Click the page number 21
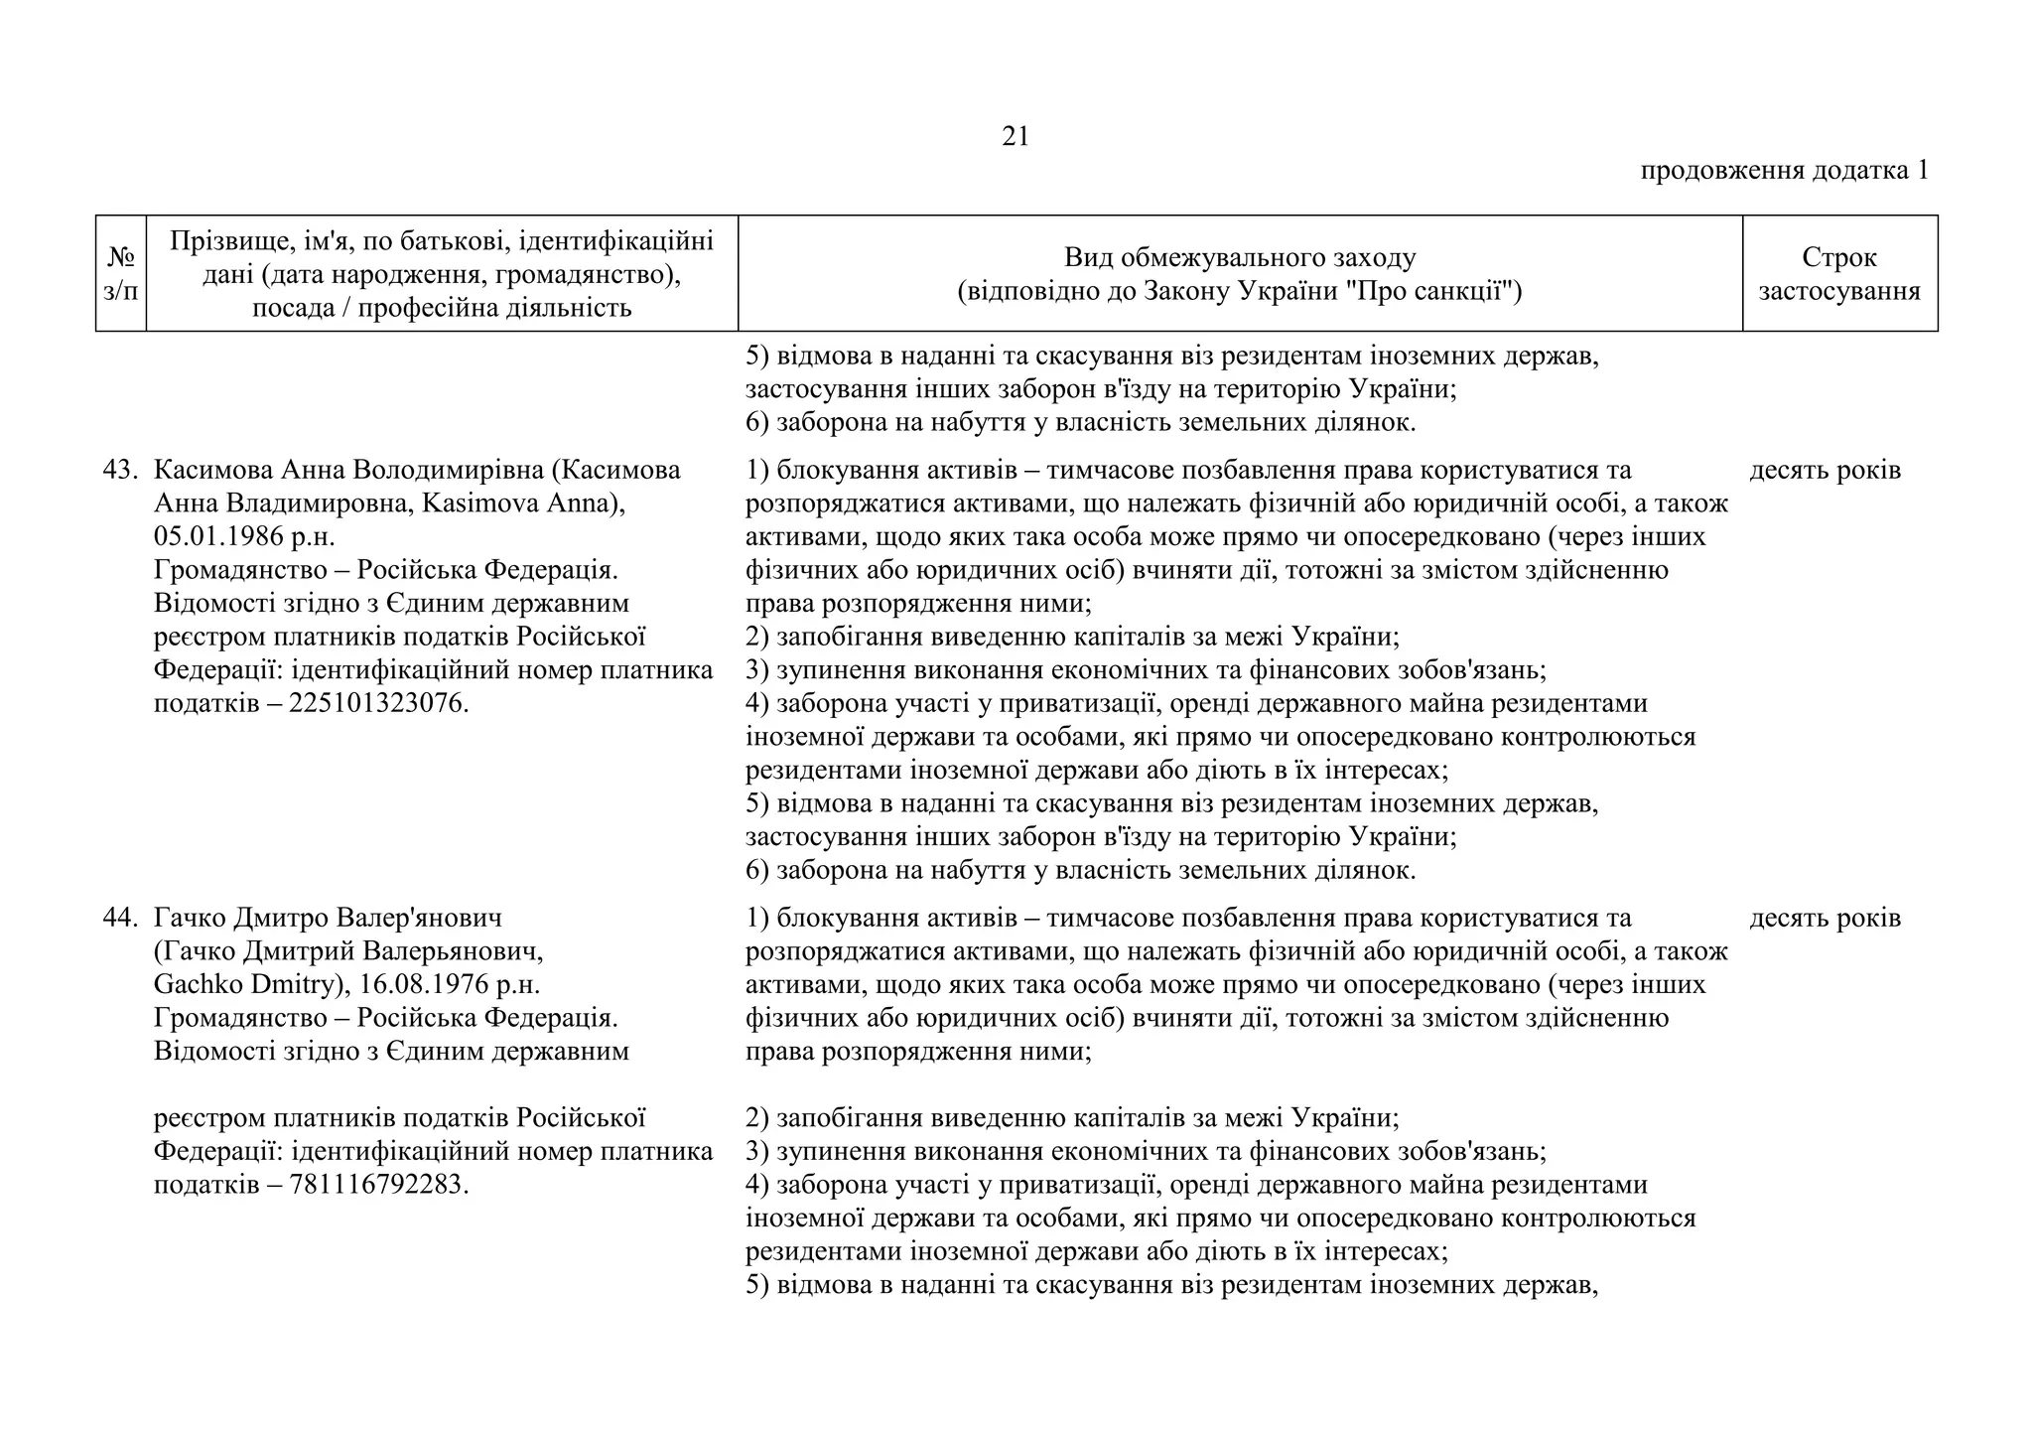point(1016,137)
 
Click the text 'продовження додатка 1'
point(1784,171)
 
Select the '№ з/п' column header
point(121,274)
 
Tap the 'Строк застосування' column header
point(1839,274)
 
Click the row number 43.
point(120,471)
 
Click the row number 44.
point(120,919)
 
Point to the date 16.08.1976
point(434,985)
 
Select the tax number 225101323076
point(377,704)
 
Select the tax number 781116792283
point(377,1186)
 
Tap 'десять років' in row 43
point(1825,471)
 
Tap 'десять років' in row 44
point(1825,919)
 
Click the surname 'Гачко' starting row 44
point(192,919)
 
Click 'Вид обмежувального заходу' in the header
point(1240,258)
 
